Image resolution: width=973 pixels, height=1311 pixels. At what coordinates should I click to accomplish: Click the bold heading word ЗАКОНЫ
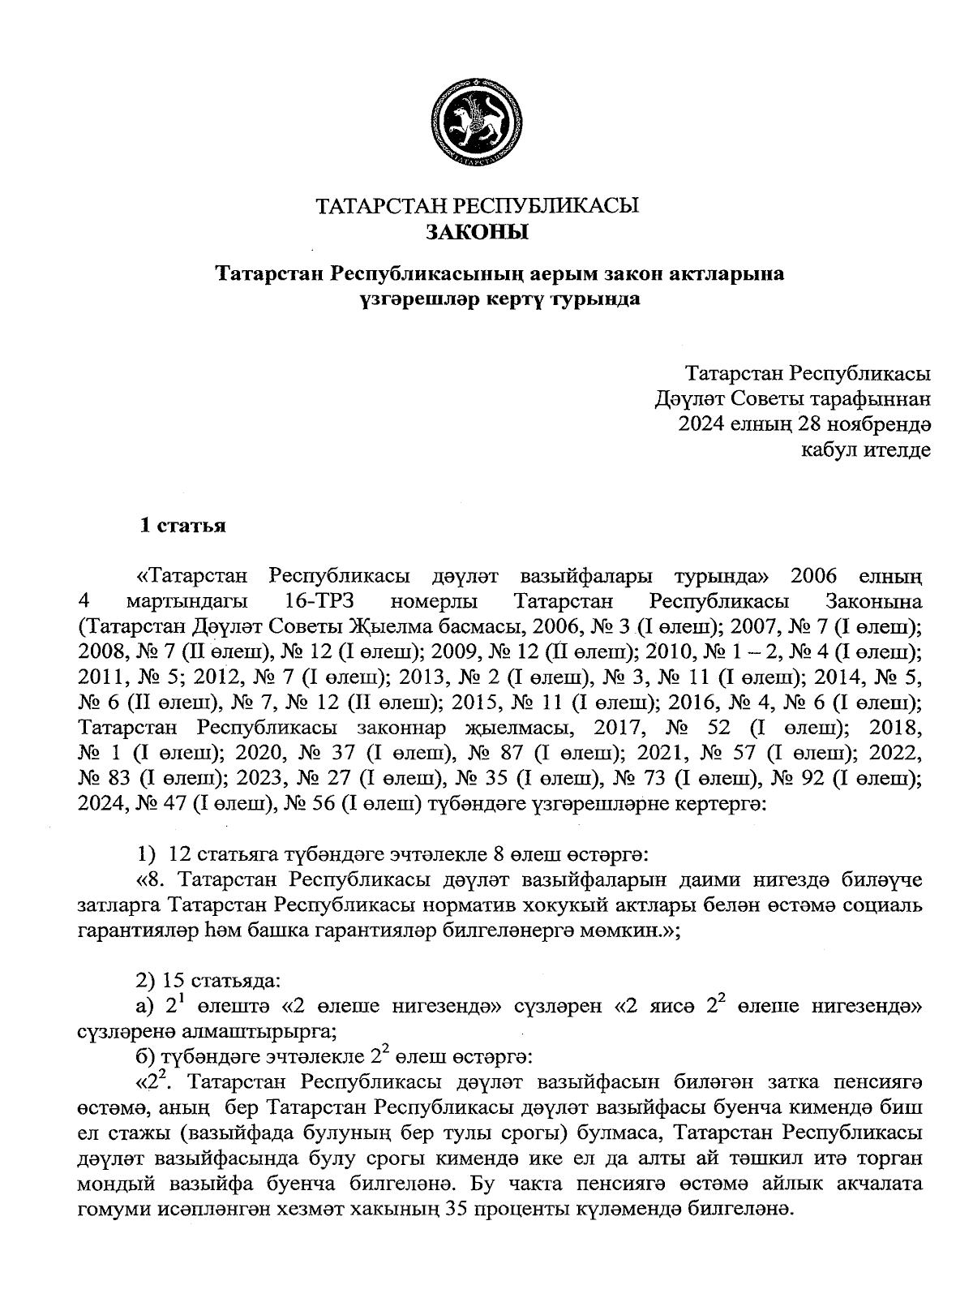pos(477,234)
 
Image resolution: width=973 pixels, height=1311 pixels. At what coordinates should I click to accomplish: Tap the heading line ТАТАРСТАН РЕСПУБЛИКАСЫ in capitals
pos(477,205)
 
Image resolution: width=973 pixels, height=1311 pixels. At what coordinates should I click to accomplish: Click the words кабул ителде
pos(865,449)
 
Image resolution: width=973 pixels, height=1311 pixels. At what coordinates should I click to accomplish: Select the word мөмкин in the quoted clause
pos(621,931)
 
